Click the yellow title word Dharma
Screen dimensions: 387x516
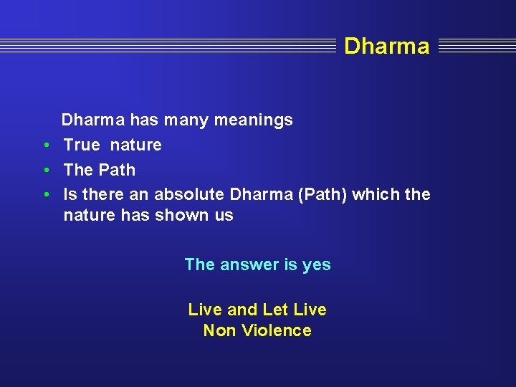[386, 47]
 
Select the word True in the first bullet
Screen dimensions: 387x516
[82, 145]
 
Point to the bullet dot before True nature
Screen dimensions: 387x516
[45, 145]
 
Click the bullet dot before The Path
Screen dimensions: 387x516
[45, 171]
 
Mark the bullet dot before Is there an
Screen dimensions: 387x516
[45, 195]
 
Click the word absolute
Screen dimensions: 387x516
[189, 195]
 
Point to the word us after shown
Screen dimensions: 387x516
[223, 216]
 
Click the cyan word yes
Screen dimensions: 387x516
[316, 265]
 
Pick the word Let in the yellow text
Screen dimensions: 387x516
[275, 310]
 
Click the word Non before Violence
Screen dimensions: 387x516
[218, 330]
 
